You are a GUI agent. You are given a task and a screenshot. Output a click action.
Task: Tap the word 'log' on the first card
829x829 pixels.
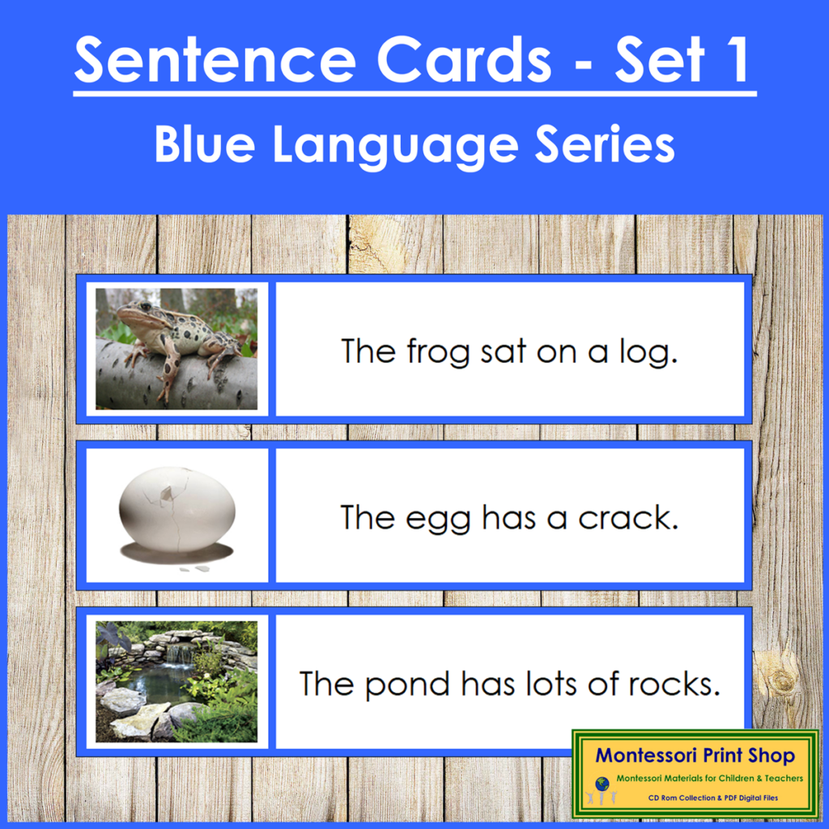click(x=652, y=352)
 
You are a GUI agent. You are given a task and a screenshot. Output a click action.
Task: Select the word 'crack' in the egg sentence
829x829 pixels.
click(x=627, y=517)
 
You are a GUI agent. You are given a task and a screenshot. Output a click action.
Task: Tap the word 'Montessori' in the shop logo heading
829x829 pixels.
click(x=644, y=756)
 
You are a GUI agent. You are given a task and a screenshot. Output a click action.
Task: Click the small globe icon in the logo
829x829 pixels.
click(x=602, y=784)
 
